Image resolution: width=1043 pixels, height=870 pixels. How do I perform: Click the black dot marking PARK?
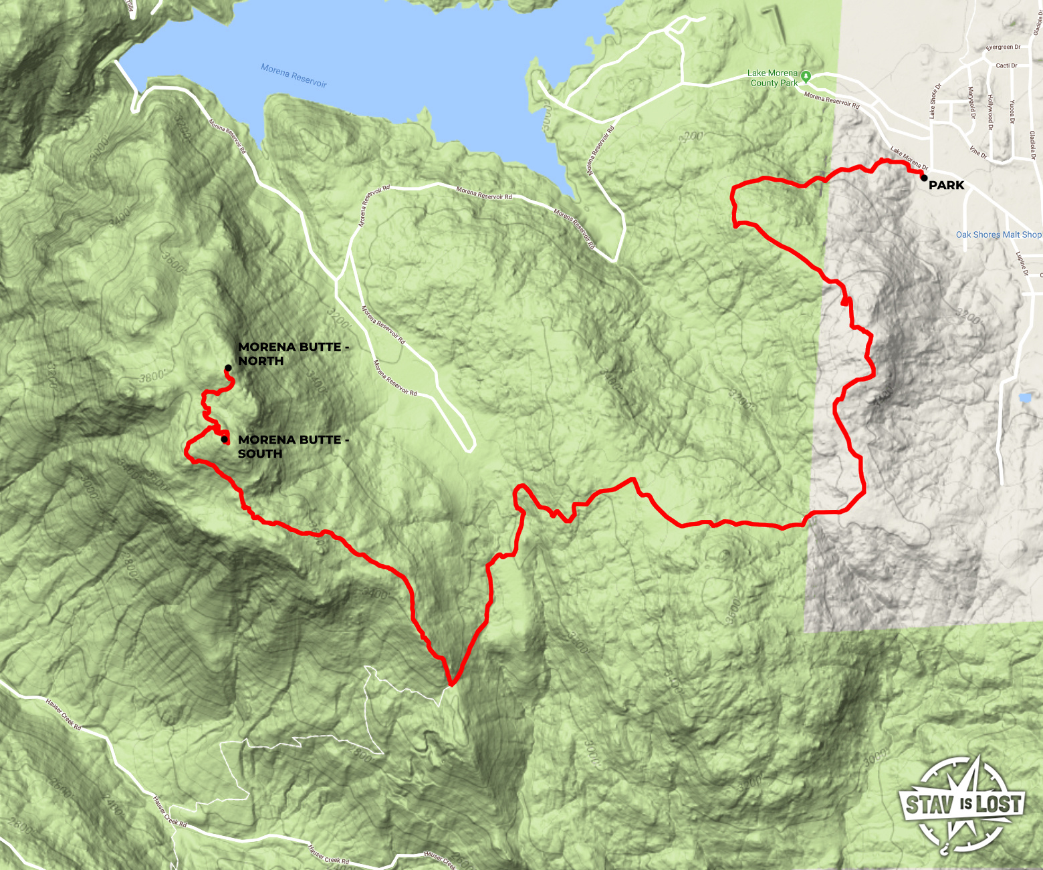point(923,177)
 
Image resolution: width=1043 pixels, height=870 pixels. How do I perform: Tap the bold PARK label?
point(947,185)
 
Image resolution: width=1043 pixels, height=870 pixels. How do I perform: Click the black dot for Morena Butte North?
point(228,368)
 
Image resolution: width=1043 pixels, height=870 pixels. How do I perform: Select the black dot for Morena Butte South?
point(224,439)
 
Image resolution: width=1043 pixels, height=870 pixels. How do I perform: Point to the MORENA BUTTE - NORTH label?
point(294,354)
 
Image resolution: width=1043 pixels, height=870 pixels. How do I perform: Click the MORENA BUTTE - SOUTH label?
point(294,446)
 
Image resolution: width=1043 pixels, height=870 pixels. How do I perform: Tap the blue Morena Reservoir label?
point(294,76)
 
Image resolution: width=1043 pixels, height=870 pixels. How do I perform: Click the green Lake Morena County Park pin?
point(806,76)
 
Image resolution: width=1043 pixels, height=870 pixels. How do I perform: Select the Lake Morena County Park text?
point(773,78)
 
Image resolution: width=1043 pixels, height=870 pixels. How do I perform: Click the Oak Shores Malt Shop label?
point(998,235)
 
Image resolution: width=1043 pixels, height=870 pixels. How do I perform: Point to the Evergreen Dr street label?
point(1003,47)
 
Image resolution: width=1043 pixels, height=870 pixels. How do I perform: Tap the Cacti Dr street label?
point(1006,65)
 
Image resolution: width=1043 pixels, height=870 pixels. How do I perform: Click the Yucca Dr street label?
point(1012,112)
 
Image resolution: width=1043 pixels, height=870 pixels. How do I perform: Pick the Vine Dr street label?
point(978,152)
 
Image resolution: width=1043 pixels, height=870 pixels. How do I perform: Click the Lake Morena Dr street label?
point(909,158)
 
